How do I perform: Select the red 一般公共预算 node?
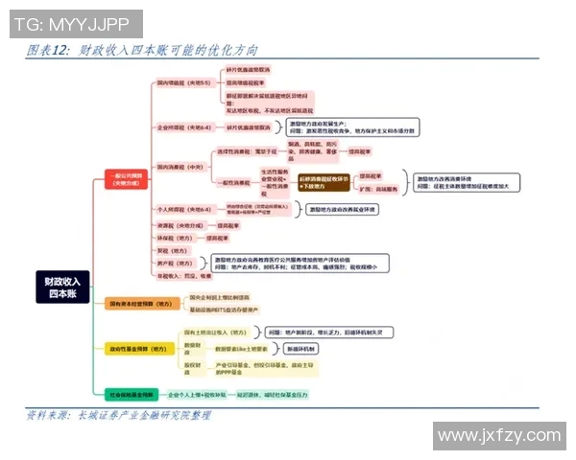click(126, 179)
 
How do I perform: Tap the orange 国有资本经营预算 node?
click(139, 304)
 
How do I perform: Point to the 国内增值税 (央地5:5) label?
click(184, 83)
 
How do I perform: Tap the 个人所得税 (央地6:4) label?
click(183, 208)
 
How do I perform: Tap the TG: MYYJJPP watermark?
click(73, 22)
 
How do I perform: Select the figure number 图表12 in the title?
click(49, 50)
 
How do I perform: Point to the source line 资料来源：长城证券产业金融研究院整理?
click(120, 415)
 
